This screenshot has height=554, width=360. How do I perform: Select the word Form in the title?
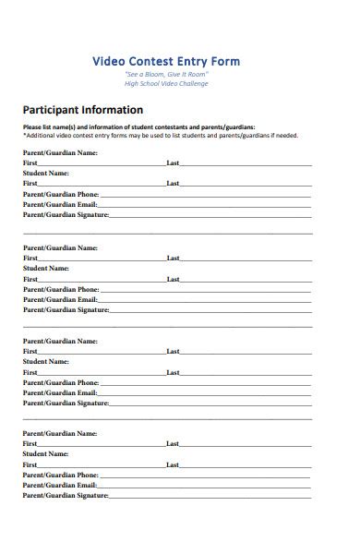pos(225,61)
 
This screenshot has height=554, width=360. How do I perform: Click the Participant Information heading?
pos(82,110)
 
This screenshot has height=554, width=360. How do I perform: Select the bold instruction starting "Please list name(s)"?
pos(138,127)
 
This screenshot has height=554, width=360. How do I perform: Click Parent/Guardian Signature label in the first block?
pos(66,214)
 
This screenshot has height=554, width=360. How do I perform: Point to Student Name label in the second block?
pos(45,268)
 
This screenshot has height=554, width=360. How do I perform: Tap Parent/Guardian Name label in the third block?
pos(60,341)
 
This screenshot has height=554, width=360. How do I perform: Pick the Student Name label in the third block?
pos(45,361)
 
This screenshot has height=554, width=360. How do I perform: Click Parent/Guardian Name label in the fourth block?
pos(60,434)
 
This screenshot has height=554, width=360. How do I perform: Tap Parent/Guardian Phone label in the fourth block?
pos(60,476)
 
